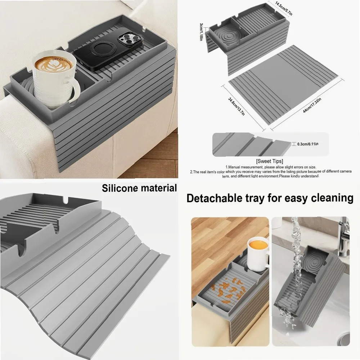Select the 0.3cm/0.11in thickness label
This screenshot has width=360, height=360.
point(310,144)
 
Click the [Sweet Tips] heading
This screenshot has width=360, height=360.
point(270,161)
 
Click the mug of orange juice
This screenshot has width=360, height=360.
point(258,252)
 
